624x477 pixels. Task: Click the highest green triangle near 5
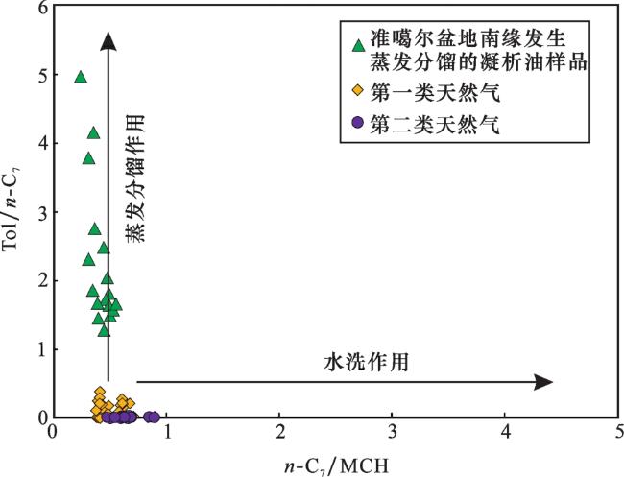pos(81,77)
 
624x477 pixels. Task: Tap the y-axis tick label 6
pos(40,9)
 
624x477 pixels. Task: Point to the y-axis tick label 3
pos(40,213)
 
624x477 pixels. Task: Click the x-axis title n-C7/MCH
pos(335,464)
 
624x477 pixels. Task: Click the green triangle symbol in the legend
pos(358,44)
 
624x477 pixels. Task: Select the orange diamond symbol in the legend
pos(358,91)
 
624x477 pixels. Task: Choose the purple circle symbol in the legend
pos(358,123)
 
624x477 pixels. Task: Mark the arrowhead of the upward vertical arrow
pos(108,39)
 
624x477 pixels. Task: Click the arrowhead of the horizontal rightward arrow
pos(544,382)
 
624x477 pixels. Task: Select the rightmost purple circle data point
pos(155,417)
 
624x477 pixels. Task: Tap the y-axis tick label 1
pos(40,349)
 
